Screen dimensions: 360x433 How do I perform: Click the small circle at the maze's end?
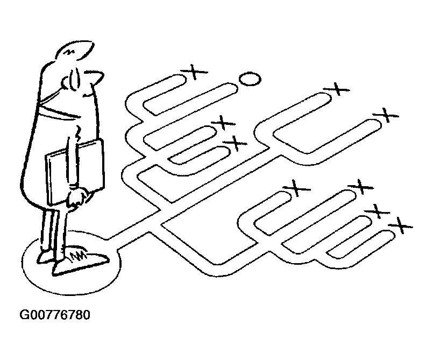(x=249, y=80)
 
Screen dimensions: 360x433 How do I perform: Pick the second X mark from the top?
(x=337, y=88)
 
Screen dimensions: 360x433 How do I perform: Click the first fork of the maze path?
(x=156, y=222)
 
